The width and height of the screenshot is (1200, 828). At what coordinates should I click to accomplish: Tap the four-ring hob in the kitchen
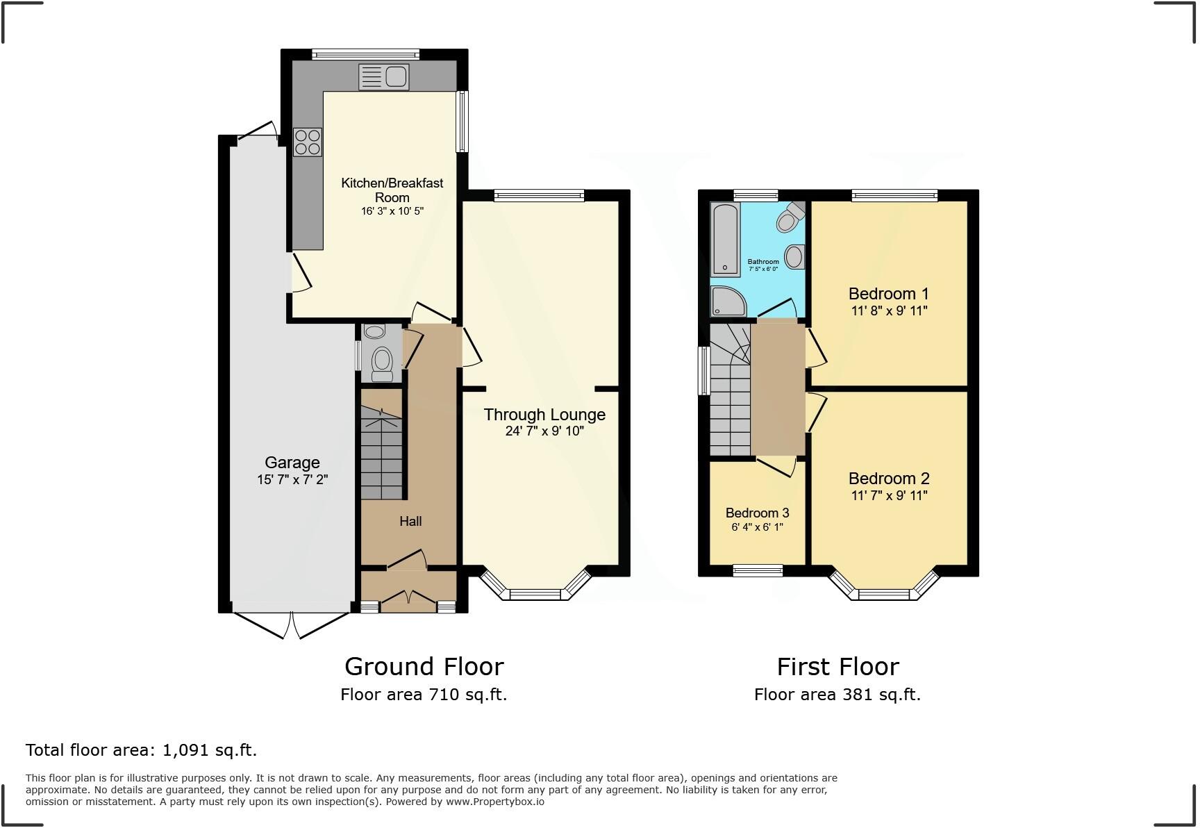(308, 142)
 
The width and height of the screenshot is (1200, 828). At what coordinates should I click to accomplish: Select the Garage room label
(292, 463)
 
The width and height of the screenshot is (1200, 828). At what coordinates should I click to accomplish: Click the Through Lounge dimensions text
(544, 431)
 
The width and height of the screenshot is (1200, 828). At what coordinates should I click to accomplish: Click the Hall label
(410, 521)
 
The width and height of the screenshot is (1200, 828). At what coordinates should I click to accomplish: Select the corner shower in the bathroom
(726, 301)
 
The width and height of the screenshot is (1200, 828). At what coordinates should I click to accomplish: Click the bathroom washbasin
(795, 256)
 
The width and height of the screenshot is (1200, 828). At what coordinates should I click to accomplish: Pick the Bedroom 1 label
(889, 294)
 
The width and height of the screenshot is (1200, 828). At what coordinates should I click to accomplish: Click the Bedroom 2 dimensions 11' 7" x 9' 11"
(889, 496)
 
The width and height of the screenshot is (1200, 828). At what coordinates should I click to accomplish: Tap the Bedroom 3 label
(757, 513)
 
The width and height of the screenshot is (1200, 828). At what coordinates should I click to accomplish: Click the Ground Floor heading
(424, 667)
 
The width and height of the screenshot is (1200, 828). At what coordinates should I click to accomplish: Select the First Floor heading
(837, 667)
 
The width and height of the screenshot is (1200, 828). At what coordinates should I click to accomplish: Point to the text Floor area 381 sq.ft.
(837, 695)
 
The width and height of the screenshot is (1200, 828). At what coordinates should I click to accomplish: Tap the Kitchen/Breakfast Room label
(392, 190)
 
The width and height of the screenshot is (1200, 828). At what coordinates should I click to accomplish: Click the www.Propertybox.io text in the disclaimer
(494, 802)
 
